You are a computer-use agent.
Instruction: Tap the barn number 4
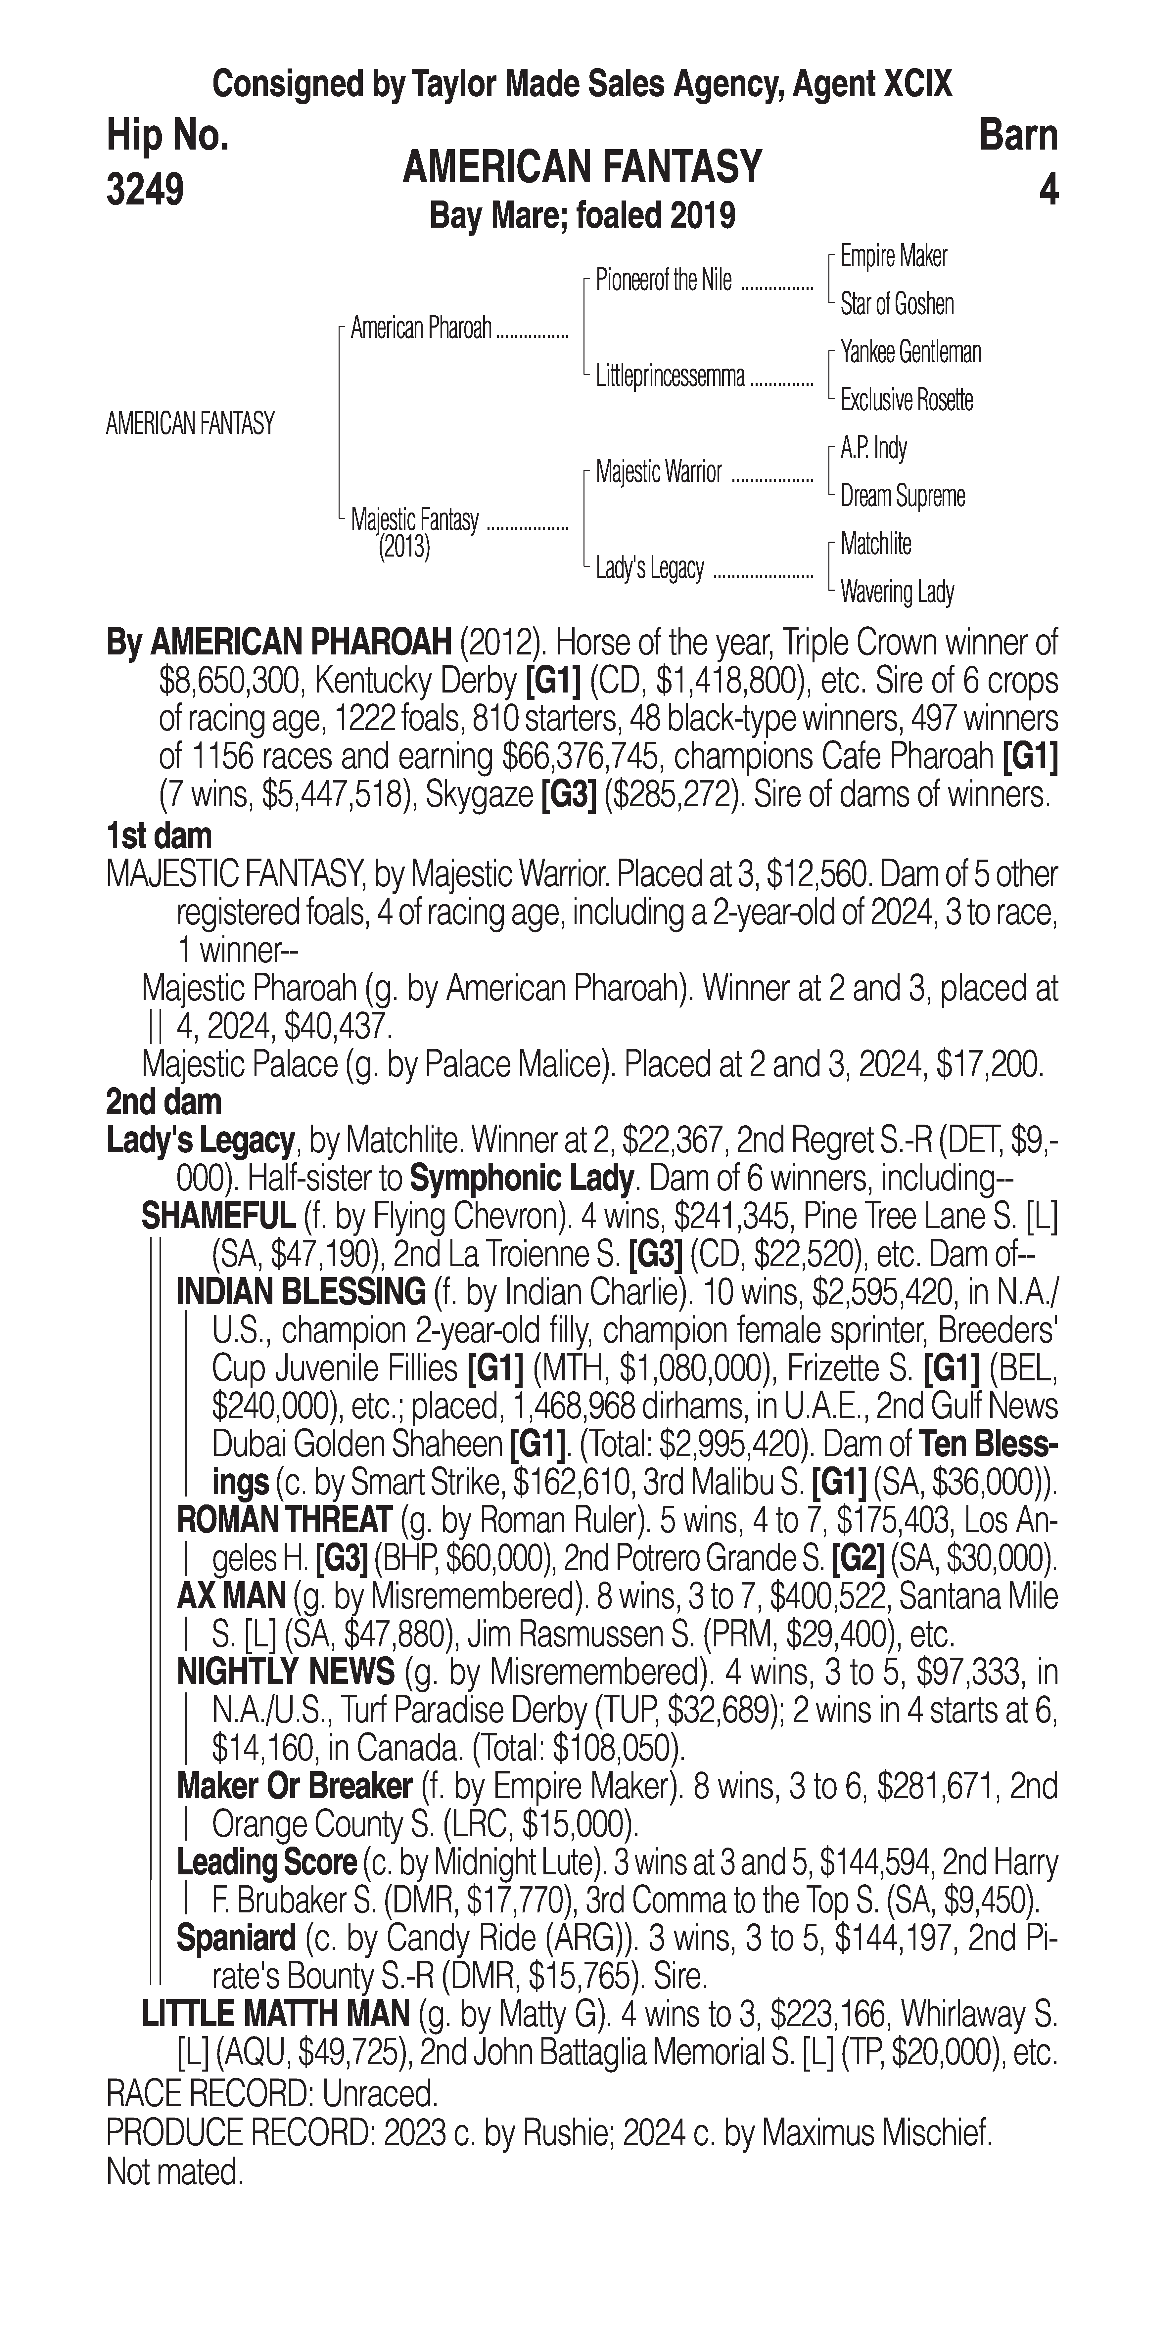click(1048, 190)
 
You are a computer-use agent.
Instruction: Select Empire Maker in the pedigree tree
click(893, 256)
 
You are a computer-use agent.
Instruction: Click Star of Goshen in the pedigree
click(897, 304)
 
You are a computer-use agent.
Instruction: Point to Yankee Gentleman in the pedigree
click(910, 352)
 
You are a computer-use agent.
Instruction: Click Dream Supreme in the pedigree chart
click(902, 496)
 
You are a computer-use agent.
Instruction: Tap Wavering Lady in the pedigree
click(897, 592)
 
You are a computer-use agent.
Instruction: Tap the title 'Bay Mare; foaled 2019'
click(582, 216)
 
